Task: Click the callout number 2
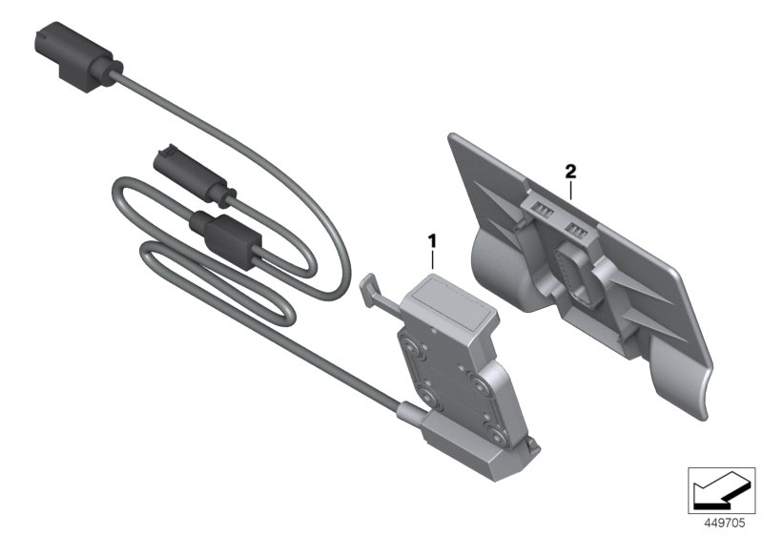(570, 172)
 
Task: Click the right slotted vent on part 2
(580, 229)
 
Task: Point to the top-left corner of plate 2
(455, 139)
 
